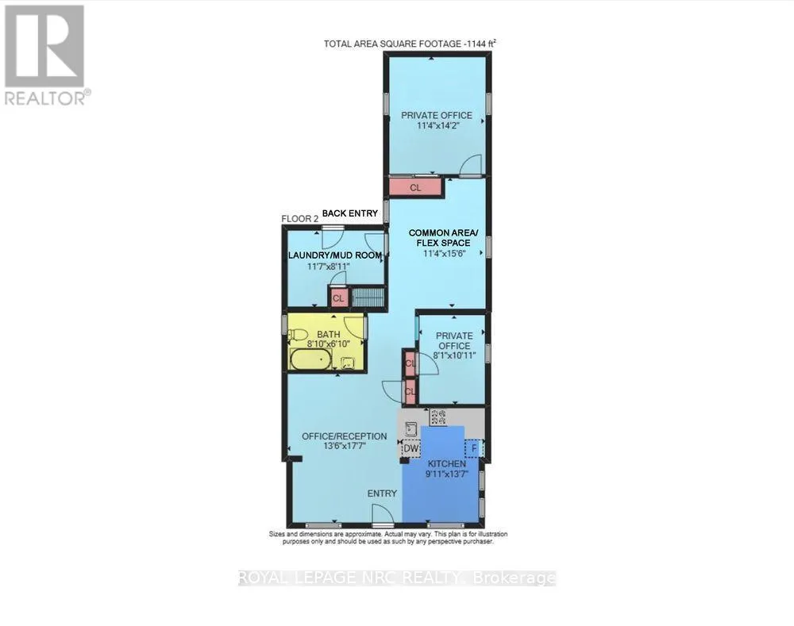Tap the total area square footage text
click(x=410, y=44)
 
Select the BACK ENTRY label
click(x=350, y=213)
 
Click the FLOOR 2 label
click(x=300, y=219)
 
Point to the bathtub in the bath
click(x=310, y=359)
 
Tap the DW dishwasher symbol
click(x=411, y=448)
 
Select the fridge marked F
click(x=475, y=447)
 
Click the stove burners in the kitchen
click(x=438, y=417)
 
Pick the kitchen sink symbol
click(x=411, y=429)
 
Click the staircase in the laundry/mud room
click(x=368, y=297)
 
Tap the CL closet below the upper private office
click(x=415, y=187)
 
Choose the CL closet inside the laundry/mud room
click(x=338, y=298)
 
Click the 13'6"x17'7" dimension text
click(x=345, y=447)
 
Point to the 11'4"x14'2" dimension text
click(x=437, y=125)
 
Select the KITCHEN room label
click(x=447, y=464)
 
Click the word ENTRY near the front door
click(x=383, y=494)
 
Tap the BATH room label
click(x=329, y=335)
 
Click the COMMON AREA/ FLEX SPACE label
click(x=444, y=238)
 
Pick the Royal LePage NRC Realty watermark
click(x=397, y=578)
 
